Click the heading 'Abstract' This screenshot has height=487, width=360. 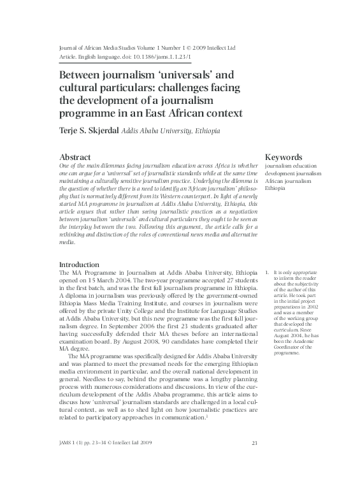75,157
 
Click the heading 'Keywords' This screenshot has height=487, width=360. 283,157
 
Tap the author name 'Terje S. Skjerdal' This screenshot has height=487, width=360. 89,130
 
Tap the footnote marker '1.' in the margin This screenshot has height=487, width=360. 267,273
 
